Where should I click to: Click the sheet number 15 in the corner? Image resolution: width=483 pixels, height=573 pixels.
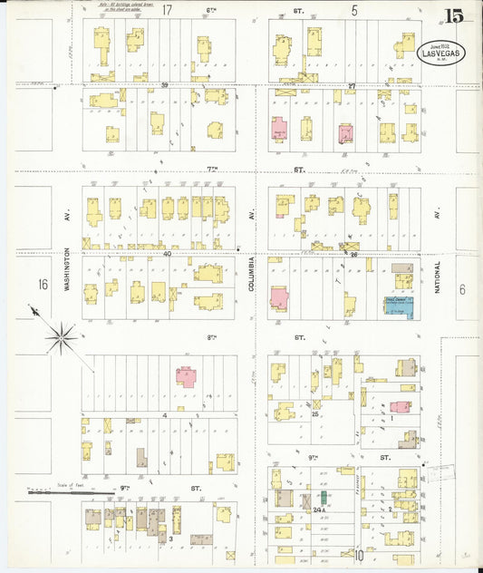coord(453,15)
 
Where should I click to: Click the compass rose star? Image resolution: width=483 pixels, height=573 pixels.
coord(62,338)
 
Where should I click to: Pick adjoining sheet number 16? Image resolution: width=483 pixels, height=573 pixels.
coord(43,285)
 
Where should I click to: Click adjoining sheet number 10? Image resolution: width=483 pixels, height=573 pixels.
coord(359,555)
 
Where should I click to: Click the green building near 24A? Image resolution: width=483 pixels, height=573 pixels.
coord(322,499)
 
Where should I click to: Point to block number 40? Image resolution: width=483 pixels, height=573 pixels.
coord(167,255)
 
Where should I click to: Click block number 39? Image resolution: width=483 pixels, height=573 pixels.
coord(166,85)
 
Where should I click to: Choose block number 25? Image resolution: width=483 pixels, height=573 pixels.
coord(314,414)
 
